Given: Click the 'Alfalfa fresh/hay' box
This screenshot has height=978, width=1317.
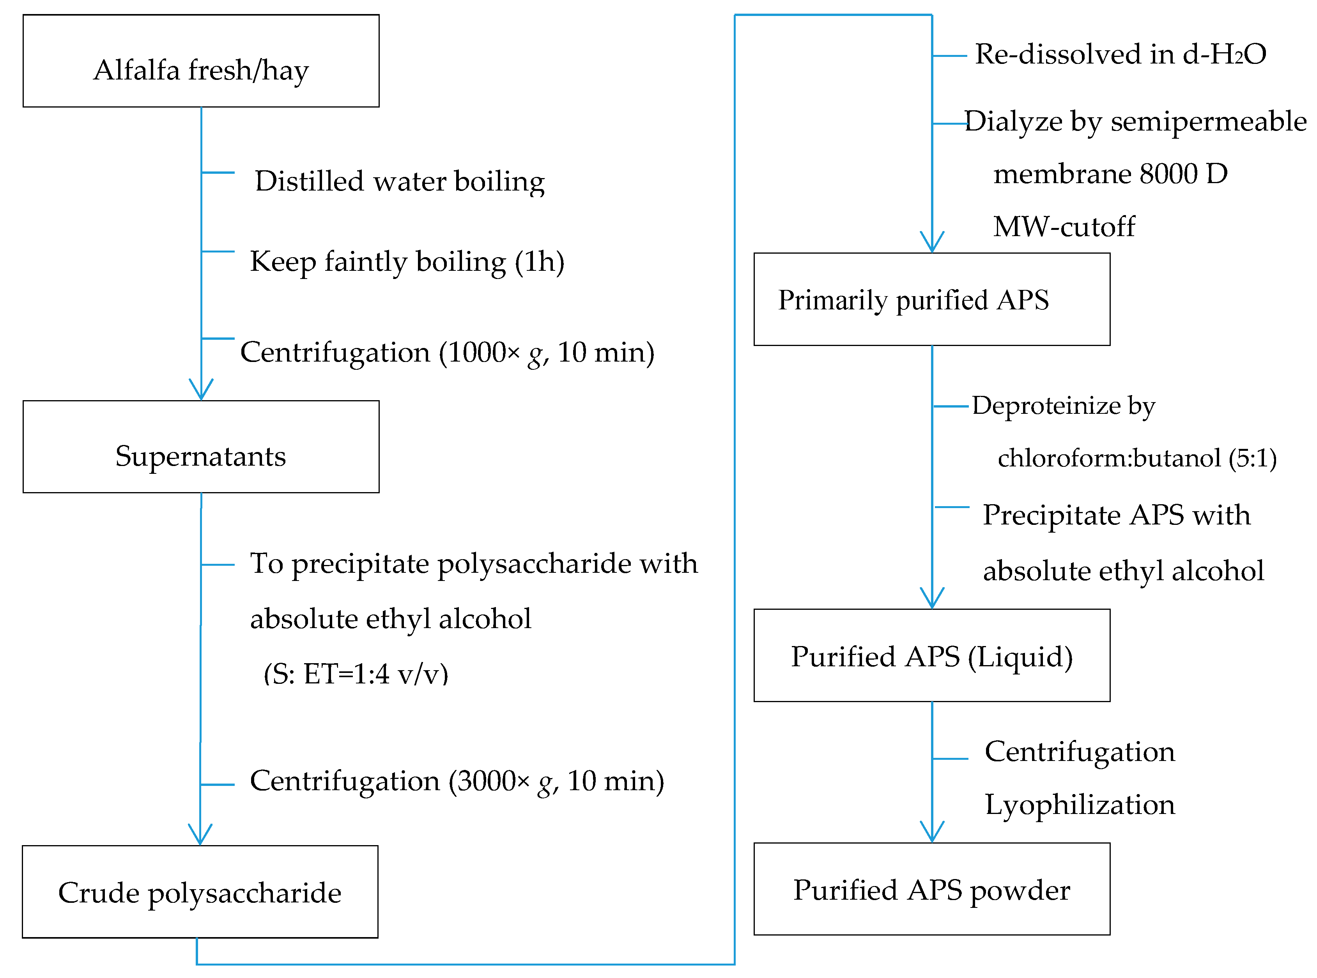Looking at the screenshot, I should click(201, 61).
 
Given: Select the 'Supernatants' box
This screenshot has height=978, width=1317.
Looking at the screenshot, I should click(201, 447).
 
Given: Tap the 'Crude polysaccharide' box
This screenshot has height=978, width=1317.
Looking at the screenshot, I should click(200, 891).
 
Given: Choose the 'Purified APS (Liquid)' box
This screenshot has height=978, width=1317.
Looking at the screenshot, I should click(931, 655).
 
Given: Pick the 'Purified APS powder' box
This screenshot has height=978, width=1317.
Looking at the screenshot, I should click(931, 889).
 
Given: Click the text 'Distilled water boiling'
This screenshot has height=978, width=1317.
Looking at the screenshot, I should click(399, 181).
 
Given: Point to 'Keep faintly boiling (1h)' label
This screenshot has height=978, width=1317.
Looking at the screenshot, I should click(407, 262).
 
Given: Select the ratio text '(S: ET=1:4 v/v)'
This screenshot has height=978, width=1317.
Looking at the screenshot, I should click(356, 674).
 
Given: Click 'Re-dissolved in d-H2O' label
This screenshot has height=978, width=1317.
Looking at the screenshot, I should click(1120, 55).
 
